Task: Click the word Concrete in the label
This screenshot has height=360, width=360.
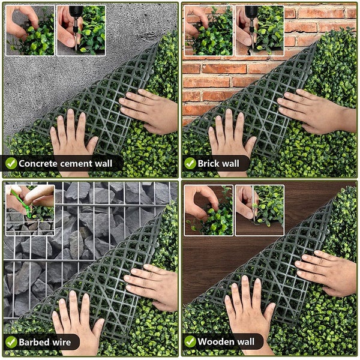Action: tap(37, 163)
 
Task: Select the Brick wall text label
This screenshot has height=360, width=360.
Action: tap(218, 163)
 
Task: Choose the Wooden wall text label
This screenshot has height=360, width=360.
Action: tap(226, 342)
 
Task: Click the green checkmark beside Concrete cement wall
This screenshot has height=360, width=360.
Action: tap(10, 163)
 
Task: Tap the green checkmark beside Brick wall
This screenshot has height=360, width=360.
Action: tap(190, 163)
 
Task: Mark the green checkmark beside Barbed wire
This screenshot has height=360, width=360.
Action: tap(10, 343)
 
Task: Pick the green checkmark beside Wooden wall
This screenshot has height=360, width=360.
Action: tap(190, 342)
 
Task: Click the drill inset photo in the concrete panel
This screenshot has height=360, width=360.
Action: tap(81, 29)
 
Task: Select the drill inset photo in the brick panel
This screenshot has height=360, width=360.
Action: tap(260, 29)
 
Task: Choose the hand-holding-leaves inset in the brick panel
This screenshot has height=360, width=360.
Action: tap(209, 29)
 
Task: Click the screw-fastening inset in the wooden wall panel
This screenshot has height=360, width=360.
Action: tap(260, 209)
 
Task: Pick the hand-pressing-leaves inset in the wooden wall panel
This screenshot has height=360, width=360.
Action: tap(209, 209)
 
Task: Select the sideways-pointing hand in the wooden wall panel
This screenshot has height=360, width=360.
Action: tap(327, 273)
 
